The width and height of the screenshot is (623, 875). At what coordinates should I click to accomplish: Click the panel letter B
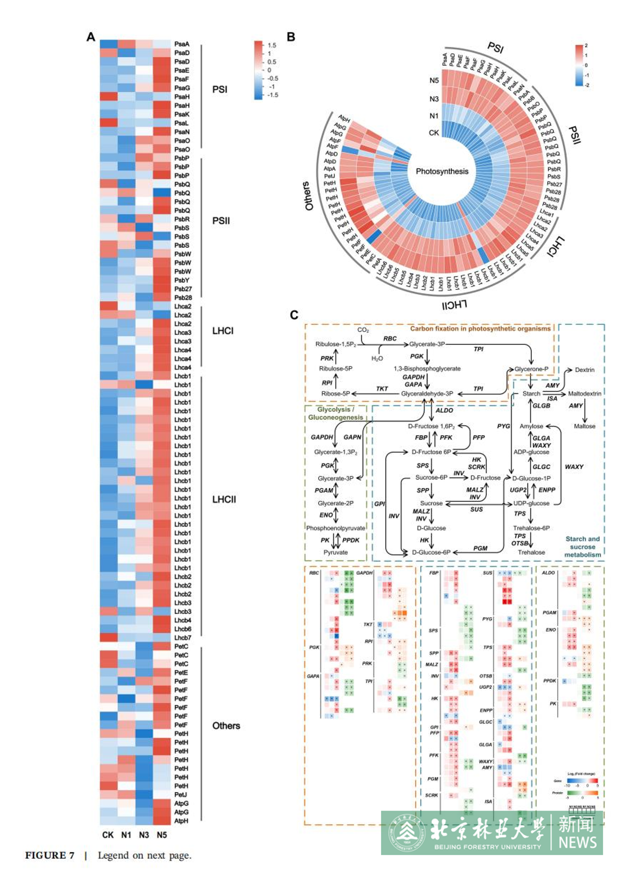tap(291, 37)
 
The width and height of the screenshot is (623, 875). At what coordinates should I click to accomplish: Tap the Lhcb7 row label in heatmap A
tap(182, 637)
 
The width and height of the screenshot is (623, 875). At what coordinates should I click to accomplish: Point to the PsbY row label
tap(182, 280)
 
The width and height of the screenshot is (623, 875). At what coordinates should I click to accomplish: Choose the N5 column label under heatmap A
tap(161, 835)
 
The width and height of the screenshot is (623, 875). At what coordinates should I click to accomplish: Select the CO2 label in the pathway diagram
tap(363, 330)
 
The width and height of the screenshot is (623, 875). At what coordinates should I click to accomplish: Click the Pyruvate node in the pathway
tap(335, 552)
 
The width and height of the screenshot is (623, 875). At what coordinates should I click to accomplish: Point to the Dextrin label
tap(584, 370)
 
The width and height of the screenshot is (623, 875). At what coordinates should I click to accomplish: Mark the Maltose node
tap(584, 426)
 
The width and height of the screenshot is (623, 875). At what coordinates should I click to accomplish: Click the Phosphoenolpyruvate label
tap(335, 528)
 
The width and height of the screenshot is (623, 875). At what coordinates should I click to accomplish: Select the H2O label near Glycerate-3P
tap(377, 359)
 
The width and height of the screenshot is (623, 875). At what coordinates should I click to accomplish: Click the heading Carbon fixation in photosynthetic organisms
tap(480, 329)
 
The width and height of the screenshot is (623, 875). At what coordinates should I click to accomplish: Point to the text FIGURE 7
tap(50, 856)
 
